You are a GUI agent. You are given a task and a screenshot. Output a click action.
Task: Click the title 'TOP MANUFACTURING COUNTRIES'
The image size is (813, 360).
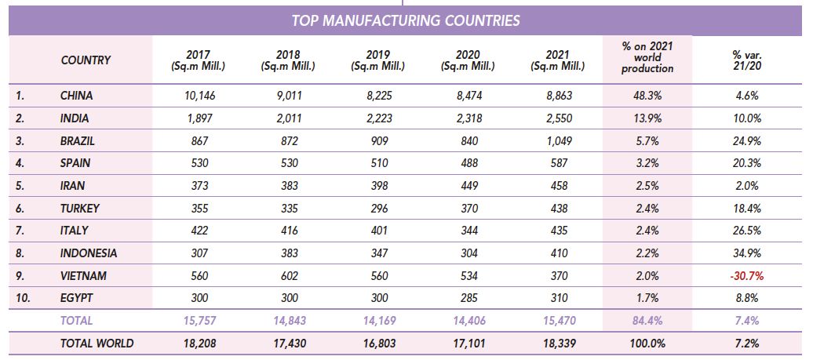click(406, 20)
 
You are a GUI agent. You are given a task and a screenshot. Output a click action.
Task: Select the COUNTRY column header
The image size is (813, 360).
click(86, 60)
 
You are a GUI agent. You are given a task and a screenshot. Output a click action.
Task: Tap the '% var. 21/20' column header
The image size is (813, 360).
click(746, 60)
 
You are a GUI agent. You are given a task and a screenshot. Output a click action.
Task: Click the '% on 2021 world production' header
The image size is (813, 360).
click(647, 57)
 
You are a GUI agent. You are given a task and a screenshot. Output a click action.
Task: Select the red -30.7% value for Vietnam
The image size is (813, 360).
click(746, 276)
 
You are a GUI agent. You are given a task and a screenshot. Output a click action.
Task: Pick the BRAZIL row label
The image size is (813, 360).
click(77, 141)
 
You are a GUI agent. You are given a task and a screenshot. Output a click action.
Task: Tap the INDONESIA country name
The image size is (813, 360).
click(89, 253)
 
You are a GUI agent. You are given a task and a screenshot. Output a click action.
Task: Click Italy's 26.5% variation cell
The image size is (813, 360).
click(746, 231)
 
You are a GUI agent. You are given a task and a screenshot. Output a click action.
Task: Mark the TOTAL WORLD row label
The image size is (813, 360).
click(97, 343)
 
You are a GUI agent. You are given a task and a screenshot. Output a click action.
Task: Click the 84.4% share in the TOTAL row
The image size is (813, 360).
click(647, 321)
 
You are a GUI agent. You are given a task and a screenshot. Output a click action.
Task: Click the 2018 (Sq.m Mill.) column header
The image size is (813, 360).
click(288, 60)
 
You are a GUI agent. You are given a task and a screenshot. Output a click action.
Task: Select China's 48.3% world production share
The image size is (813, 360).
click(647, 96)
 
